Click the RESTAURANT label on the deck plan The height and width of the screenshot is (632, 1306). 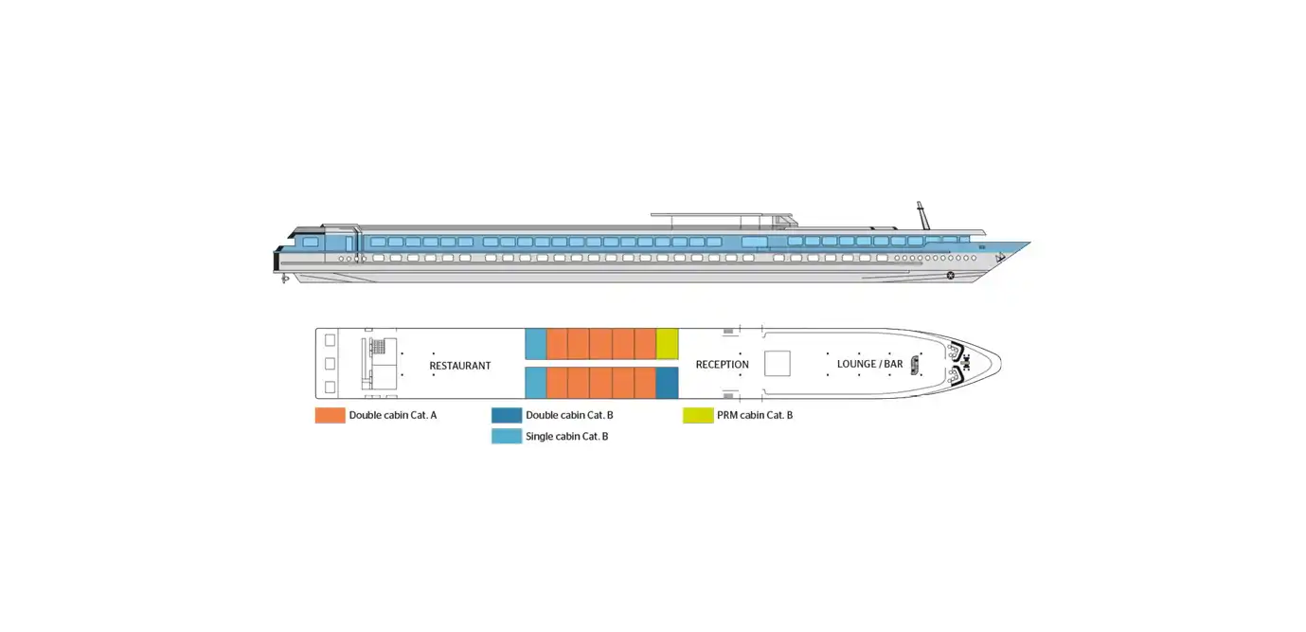pos(460,366)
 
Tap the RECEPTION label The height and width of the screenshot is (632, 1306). pos(723,365)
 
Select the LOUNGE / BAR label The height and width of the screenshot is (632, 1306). pos(870,364)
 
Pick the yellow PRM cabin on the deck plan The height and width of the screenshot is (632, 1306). pos(667,344)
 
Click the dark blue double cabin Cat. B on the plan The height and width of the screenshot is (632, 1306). pos(667,383)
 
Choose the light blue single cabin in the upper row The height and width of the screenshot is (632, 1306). pos(536,344)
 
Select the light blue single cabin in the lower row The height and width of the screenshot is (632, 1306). pos(536,383)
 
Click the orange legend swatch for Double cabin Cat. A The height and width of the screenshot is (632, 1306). pos(330,415)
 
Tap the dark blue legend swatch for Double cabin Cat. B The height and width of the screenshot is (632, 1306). pos(507,415)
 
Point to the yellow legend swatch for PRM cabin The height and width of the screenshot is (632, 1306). pos(698,415)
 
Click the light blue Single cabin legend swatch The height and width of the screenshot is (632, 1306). pos(507,436)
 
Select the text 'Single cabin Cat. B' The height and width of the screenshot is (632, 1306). pos(566,437)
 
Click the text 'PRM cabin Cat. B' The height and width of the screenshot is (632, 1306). pos(755,416)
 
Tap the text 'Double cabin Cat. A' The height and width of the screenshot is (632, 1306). pos(393,416)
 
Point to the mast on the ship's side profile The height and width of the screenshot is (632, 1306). pos(923,216)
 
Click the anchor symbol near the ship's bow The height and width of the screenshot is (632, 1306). pos(1000,258)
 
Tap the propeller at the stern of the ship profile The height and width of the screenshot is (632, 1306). pos(285,280)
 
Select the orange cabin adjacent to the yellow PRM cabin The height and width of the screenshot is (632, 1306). pos(645,344)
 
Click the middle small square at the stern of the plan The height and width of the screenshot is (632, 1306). pos(330,364)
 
